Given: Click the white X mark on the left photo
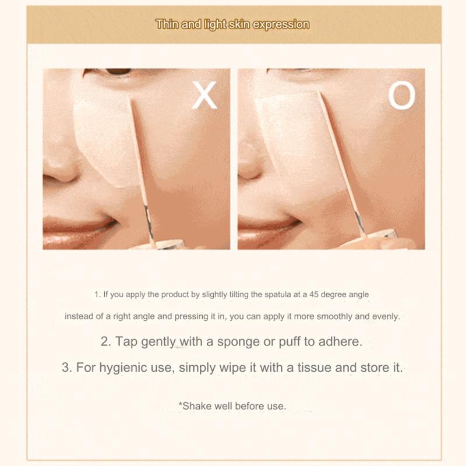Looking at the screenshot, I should pos(204,96).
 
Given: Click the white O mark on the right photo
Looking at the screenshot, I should pos(402,96).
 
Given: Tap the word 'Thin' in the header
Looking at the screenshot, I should pos(167,24).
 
